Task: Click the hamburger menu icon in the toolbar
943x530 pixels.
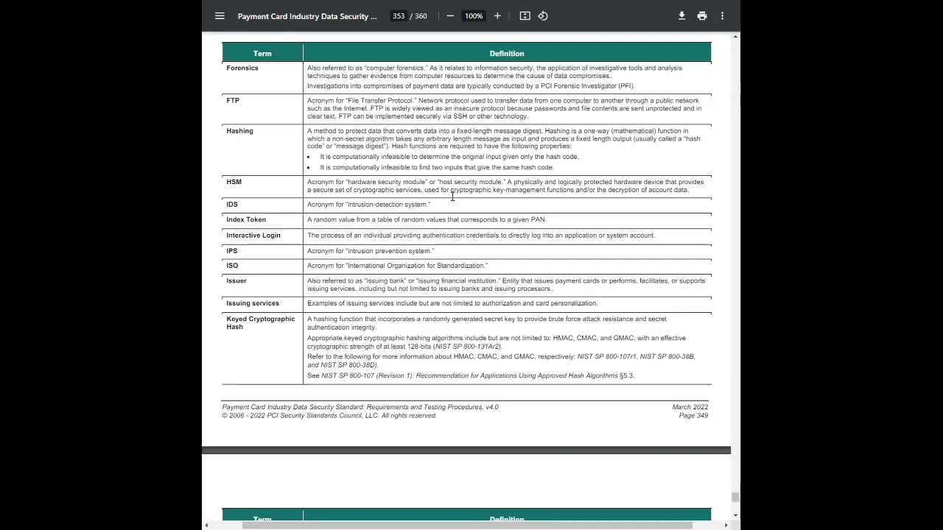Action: click(x=220, y=16)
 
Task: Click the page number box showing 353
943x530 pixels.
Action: click(x=399, y=16)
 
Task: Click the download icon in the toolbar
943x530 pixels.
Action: click(x=681, y=16)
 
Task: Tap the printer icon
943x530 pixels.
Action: click(x=702, y=16)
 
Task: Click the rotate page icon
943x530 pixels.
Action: click(x=543, y=16)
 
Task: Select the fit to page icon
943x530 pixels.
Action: click(x=525, y=16)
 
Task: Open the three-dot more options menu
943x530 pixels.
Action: click(x=722, y=16)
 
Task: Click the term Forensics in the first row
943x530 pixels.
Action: click(x=242, y=68)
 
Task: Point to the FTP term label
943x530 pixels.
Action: click(x=233, y=100)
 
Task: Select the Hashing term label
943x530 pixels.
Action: click(x=239, y=131)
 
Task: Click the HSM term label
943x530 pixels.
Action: click(x=234, y=182)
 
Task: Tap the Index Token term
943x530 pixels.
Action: click(x=246, y=219)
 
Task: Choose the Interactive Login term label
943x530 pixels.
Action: click(x=253, y=236)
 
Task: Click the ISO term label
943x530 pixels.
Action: click(x=232, y=266)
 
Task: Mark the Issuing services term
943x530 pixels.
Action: click(x=253, y=303)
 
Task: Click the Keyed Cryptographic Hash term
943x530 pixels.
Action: click(x=260, y=322)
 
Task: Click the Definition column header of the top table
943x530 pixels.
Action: click(x=506, y=54)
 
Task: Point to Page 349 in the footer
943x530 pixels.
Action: click(x=693, y=416)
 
